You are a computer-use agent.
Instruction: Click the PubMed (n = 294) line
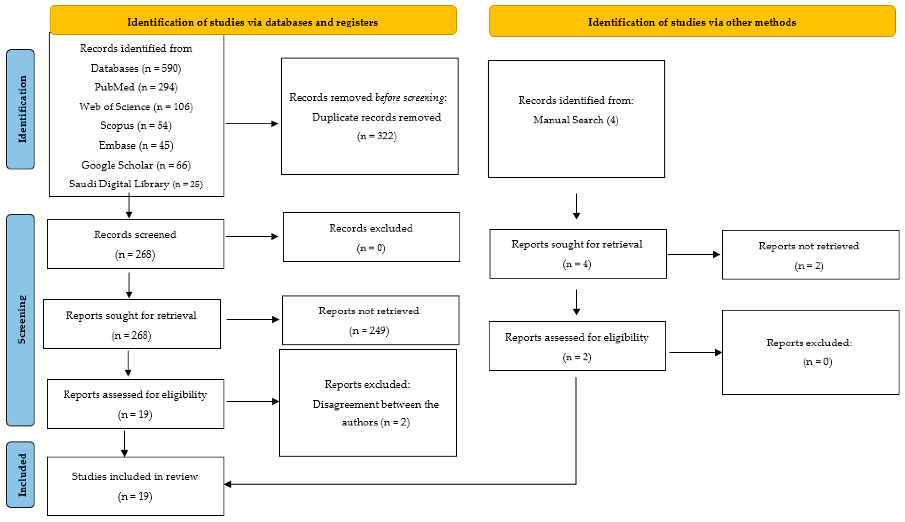coord(136,87)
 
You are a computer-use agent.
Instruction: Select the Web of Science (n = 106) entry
coord(136,107)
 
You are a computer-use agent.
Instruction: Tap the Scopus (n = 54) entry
coord(136,126)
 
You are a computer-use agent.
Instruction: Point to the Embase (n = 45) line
coord(136,146)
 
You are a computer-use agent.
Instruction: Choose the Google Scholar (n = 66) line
coord(136,165)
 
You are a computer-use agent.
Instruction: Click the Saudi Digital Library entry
coord(136,184)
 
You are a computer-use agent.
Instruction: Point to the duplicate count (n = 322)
coord(376,136)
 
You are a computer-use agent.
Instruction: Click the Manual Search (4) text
coord(576,120)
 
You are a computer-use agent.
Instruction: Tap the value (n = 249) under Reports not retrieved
coord(369,331)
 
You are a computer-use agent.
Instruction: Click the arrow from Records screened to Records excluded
coord(252,237)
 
